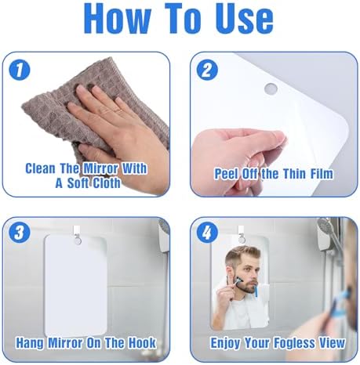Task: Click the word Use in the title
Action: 244,18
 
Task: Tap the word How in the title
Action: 118,18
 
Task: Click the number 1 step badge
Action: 20,70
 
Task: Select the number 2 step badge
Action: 207,70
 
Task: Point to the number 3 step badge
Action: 20,233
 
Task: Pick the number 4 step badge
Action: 207,233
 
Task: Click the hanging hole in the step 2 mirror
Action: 271,89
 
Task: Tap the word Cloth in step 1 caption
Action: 107,183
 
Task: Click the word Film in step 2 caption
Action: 322,174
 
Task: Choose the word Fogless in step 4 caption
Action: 294,343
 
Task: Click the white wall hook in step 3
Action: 77,232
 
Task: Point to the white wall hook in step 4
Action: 241,232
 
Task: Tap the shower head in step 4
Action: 325,226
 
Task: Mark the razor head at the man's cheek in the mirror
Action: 238,281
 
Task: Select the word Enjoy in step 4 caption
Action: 225,343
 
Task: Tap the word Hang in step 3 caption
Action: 30,342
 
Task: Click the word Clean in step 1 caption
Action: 40,168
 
